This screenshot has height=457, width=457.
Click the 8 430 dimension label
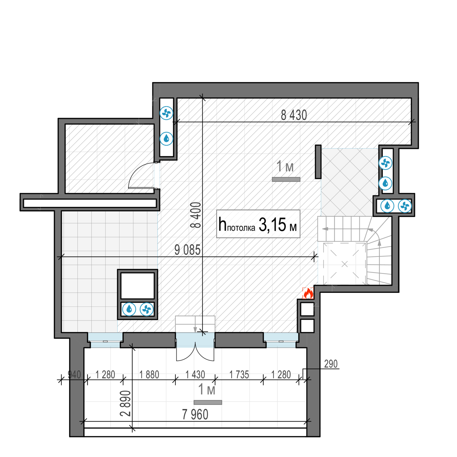[294, 115]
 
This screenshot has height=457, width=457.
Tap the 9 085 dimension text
[187, 250]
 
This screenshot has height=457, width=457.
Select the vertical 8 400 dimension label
[196, 215]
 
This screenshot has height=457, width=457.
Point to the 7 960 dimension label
[195, 414]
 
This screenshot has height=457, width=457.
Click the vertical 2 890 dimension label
[125, 403]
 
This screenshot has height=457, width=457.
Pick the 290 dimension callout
[331, 364]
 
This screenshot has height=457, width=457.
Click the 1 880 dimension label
[149, 374]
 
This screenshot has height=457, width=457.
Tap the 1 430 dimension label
[195, 374]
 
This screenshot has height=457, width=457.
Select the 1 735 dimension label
[239, 374]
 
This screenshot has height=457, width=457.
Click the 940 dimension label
[74, 374]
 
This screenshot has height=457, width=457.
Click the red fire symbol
[308, 293]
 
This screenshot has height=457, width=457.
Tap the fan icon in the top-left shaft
[166, 113]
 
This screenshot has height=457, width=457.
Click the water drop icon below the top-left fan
[166, 139]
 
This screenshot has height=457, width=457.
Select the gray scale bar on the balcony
[208, 402]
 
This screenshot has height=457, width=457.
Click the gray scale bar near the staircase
[286, 179]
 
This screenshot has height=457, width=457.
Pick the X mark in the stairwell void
[345, 264]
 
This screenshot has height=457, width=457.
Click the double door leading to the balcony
[195, 350]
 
